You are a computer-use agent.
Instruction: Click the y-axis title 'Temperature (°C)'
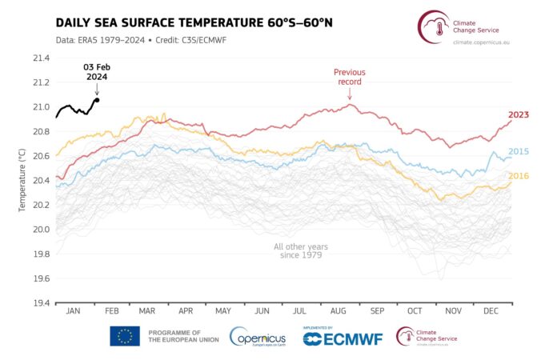tap(22, 181)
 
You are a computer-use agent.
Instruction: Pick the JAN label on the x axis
tap(72, 310)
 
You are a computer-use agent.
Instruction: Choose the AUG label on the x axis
tap(336, 310)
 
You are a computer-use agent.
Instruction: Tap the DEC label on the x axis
tap(491, 310)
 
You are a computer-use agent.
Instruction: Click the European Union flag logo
tap(125, 336)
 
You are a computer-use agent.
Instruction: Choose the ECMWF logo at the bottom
tap(343, 338)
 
